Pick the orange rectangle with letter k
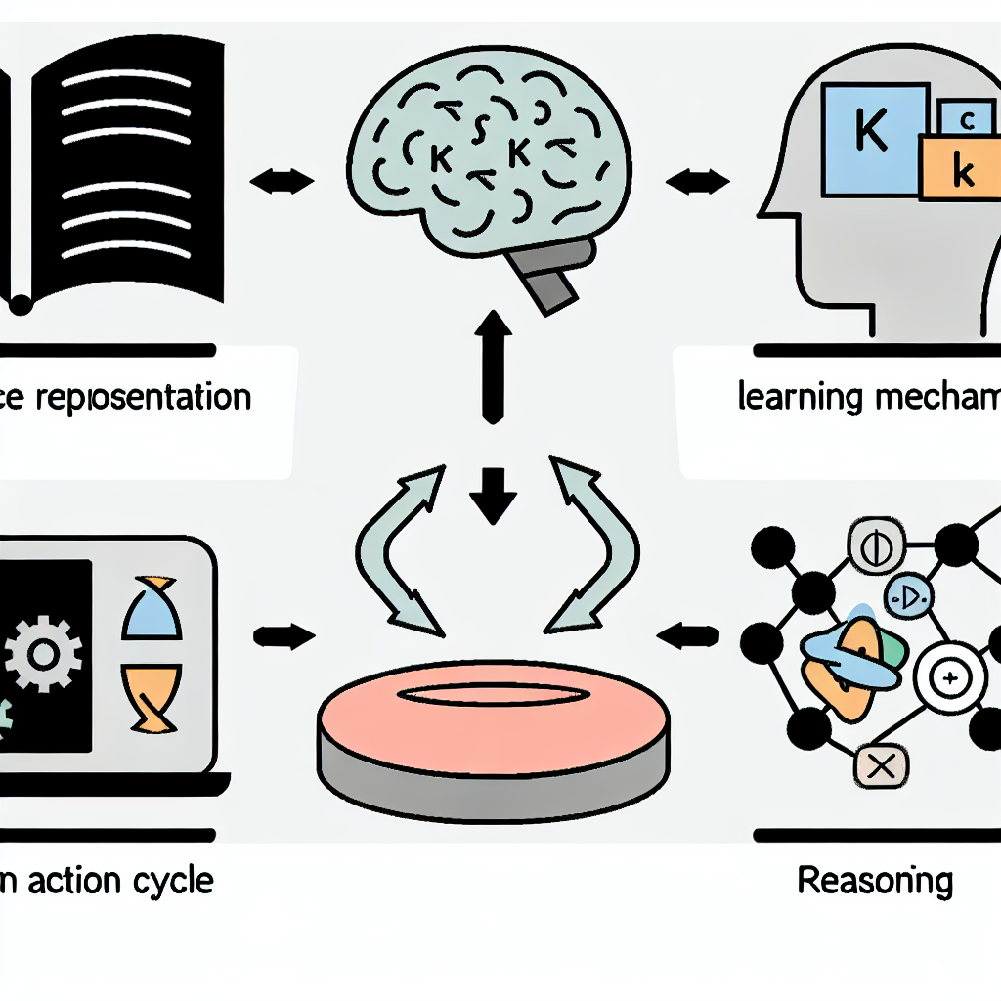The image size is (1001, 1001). [x=960, y=172]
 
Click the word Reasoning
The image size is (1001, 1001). [x=875, y=881]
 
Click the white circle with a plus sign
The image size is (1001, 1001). [x=945, y=675]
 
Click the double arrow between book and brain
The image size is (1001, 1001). [x=282, y=180]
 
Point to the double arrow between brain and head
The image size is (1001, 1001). [x=697, y=181]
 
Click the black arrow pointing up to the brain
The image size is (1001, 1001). [x=493, y=367]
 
